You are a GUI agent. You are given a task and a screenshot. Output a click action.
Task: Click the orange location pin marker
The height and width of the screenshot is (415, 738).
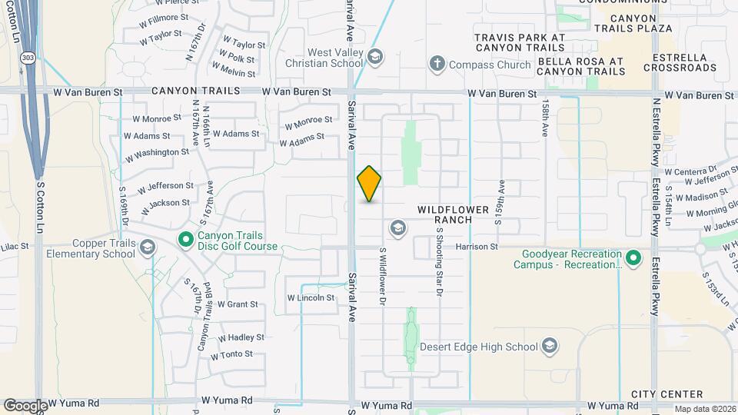click(369, 183)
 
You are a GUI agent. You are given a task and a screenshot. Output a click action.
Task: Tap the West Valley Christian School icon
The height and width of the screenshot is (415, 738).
click(374, 57)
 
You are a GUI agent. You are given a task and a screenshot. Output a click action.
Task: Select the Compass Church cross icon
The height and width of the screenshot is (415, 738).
click(437, 64)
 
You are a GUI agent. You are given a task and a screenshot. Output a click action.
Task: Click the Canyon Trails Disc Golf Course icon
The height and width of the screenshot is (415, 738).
click(185, 241)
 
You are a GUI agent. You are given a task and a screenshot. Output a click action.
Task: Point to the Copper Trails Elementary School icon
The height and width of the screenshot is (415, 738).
click(148, 247)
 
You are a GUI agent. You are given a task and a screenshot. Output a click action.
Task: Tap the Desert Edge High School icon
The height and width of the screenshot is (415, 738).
click(549, 346)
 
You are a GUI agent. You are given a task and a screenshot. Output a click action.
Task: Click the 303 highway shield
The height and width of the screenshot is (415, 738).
click(28, 58)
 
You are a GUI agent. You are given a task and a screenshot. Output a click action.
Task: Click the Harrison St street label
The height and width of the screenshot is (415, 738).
click(477, 247)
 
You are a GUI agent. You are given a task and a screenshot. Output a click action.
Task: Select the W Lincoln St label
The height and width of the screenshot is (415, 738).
click(311, 297)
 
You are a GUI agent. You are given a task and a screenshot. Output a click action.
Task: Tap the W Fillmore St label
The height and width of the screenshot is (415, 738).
click(164, 17)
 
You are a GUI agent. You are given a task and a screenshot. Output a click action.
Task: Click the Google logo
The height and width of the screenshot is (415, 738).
click(25, 405)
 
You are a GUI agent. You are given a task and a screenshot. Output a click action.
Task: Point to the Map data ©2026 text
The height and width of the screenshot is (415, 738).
click(705, 409)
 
